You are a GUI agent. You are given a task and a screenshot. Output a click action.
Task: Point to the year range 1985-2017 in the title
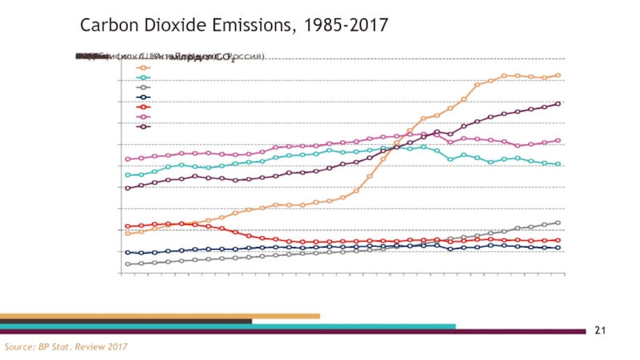[342, 26]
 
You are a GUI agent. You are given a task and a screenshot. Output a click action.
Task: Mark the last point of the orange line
[558, 75]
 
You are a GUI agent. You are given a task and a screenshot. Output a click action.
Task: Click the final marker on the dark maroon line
[558, 103]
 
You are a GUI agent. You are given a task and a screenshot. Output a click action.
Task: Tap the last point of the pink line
[558, 140]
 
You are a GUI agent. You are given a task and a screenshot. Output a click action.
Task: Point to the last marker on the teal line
[558, 164]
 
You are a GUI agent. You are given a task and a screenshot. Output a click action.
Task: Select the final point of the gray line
[558, 222]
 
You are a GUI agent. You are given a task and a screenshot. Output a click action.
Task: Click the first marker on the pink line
[128, 158]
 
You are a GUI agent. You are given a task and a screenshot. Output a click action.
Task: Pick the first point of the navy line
[128, 253]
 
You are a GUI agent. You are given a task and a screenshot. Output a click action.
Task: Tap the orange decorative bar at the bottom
[160, 316]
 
